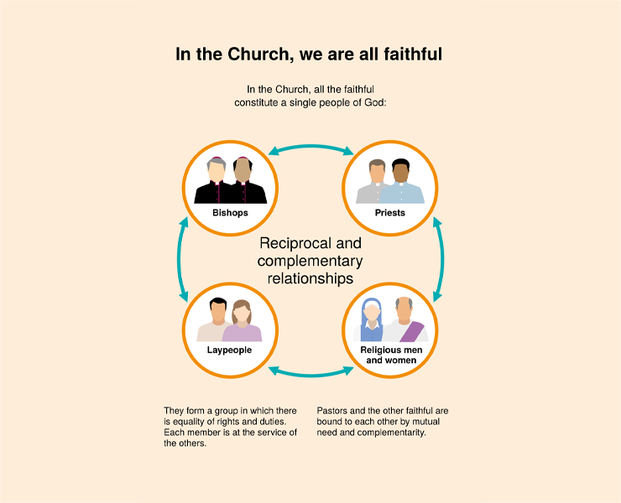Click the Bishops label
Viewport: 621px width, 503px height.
pyautogui.click(x=230, y=213)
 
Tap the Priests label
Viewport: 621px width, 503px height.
pyautogui.click(x=390, y=213)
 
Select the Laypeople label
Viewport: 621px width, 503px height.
pyautogui.click(x=229, y=350)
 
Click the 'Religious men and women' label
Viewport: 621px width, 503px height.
pyautogui.click(x=391, y=355)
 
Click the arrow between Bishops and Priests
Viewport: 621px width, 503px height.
pyautogui.click(x=310, y=148)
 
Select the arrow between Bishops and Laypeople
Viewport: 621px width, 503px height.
pyautogui.click(x=179, y=259)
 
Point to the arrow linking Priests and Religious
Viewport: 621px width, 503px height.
pyautogui.click(x=442, y=259)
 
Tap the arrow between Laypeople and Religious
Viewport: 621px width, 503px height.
pyautogui.click(x=310, y=374)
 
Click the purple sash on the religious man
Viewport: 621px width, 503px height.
pyautogui.click(x=412, y=332)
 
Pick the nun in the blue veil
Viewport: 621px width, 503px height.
pyautogui.click(x=372, y=319)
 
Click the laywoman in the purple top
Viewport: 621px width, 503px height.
pyautogui.click(x=242, y=321)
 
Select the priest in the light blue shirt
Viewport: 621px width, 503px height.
pyautogui.click(x=402, y=182)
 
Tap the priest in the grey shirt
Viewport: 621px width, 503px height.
pyautogui.click(x=374, y=181)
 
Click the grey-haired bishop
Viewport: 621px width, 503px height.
pyautogui.click(x=216, y=180)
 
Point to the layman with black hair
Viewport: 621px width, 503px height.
pyautogui.click(x=215, y=319)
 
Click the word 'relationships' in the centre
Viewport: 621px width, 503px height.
pyautogui.click(x=310, y=278)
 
